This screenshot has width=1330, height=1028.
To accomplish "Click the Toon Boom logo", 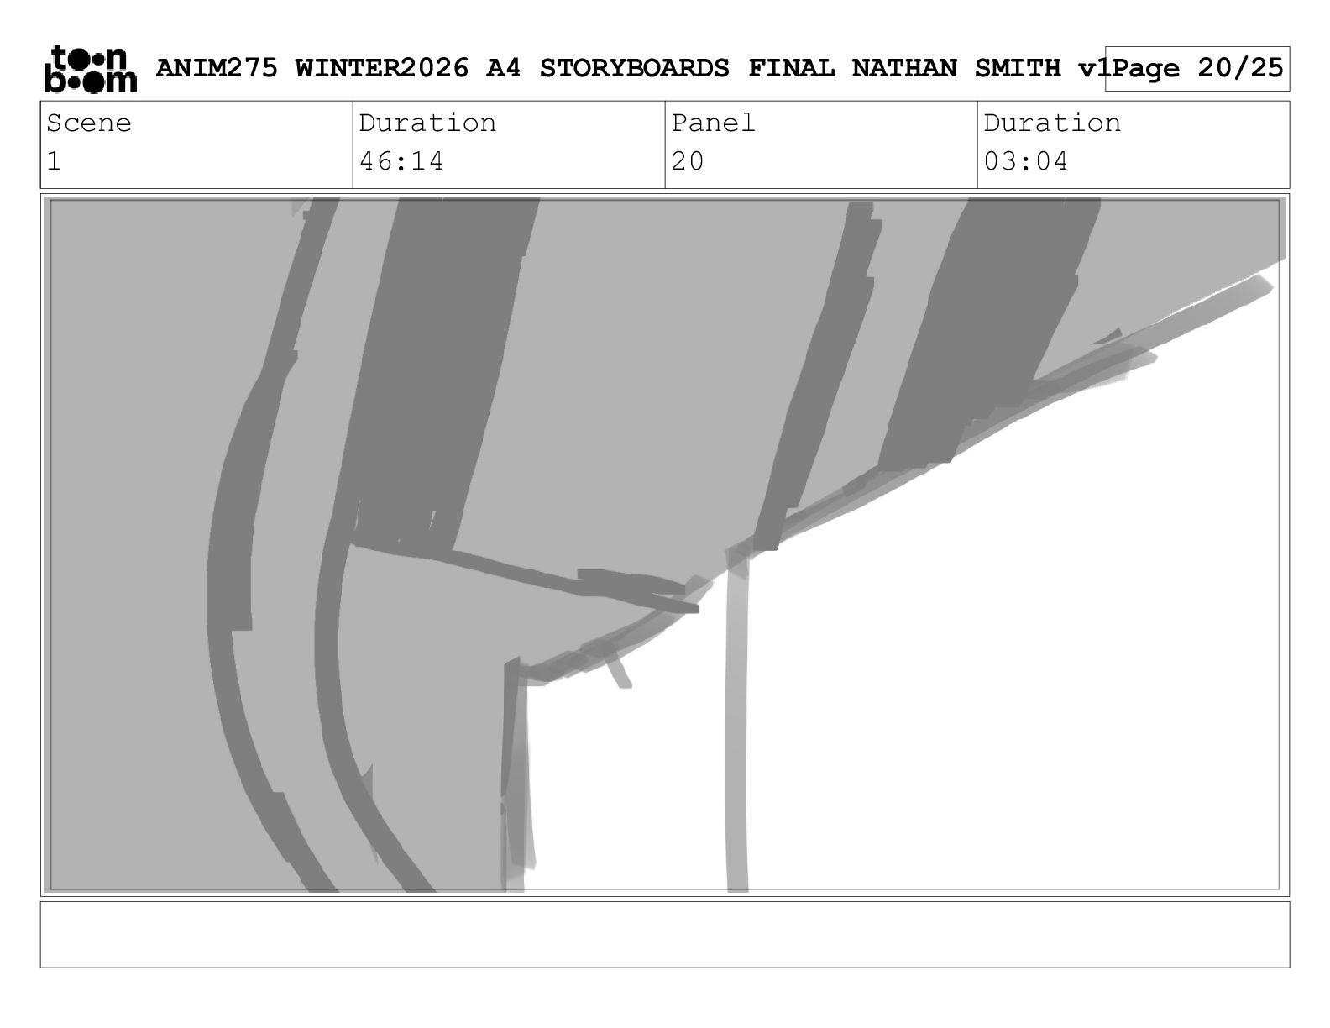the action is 91,69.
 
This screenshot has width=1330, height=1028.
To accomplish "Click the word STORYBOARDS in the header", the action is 634,68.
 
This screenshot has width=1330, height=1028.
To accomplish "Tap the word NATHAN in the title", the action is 904,68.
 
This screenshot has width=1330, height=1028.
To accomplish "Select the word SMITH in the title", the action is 1018,68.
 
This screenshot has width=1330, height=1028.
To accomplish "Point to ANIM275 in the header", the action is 217,68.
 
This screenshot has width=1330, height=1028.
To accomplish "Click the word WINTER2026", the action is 382,68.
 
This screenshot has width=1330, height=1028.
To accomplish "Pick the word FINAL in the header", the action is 791,68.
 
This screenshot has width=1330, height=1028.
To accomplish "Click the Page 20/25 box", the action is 1197,69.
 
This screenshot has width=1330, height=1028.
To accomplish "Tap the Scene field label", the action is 89,123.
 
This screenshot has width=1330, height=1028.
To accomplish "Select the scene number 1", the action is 54,161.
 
